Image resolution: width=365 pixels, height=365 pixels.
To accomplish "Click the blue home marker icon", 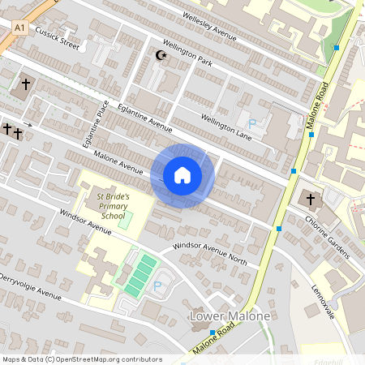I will [182, 175].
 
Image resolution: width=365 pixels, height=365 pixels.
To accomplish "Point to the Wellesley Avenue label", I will [208, 26].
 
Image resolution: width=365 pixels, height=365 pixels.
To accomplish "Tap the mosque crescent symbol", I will [159, 55].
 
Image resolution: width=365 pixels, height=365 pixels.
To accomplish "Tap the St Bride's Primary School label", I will [111, 206].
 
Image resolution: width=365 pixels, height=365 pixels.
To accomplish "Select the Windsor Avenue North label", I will [210, 251].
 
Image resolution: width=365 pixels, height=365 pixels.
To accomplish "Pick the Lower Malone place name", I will [228, 316].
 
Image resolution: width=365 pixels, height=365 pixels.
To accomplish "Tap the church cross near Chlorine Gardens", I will [308, 199].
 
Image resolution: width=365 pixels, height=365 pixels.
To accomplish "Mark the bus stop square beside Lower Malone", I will [213, 333].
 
